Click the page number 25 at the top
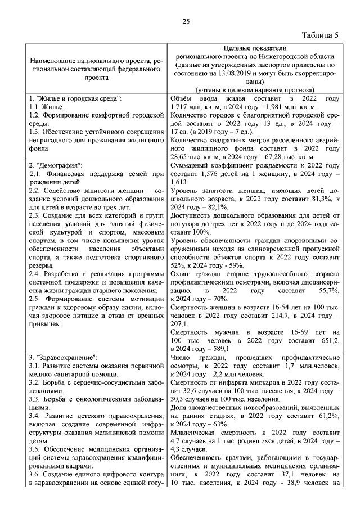186,21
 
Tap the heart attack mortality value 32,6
192,390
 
